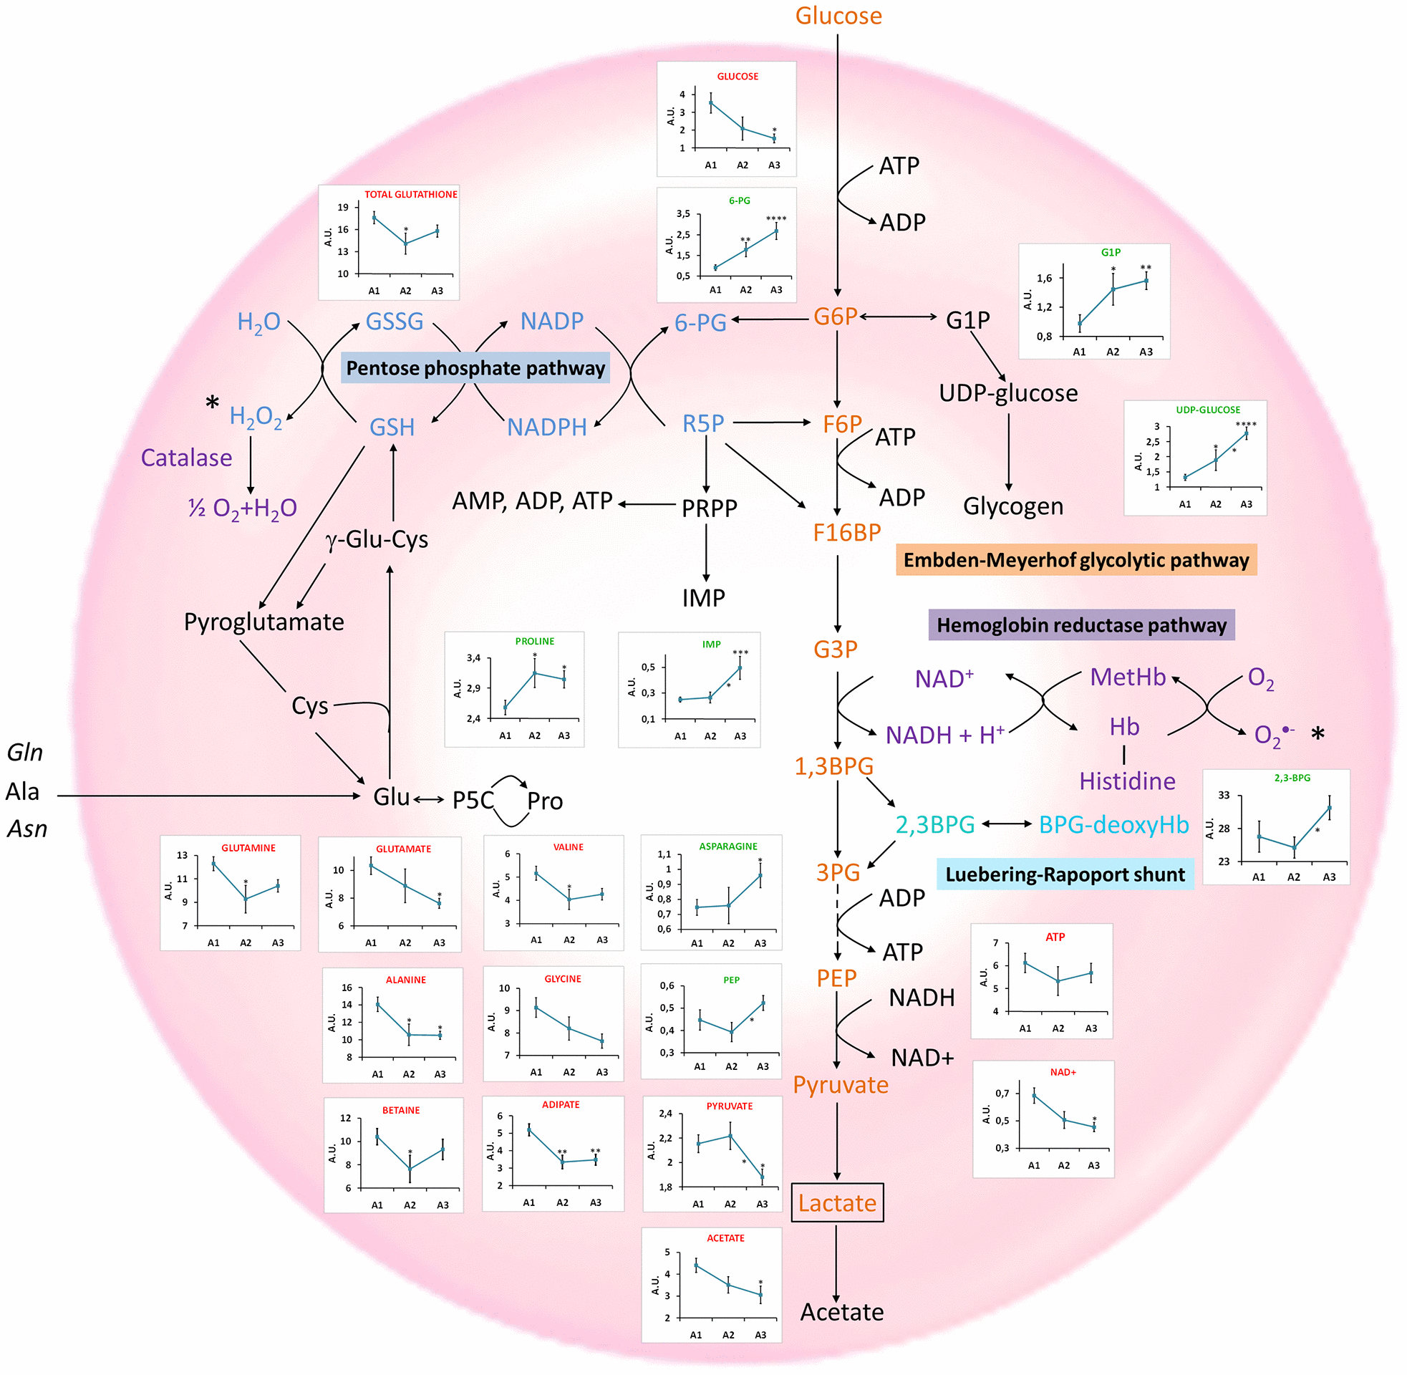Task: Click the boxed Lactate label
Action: pos(837,1202)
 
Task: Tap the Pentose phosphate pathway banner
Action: pos(475,368)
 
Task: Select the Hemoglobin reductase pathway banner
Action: pos(1080,624)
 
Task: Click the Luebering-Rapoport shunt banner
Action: pos(1065,874)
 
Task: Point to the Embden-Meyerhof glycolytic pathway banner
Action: pos(1075,561)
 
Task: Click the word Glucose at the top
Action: pos(838,16)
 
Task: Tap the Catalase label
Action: pos(186,458)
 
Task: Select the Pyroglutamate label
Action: pos(263,622)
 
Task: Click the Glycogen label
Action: pos(1013,506)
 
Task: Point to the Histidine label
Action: pos(1127,781)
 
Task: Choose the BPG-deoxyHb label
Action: pos(1113,824)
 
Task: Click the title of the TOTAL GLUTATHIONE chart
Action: pos(411,194)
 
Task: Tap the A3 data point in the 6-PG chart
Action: pos(776,231)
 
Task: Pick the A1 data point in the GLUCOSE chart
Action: pos(711,102)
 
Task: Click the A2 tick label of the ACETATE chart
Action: pos(728,1336)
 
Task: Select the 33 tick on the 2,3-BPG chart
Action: pos(1224,795)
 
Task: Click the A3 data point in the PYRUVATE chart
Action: pos(763,1177)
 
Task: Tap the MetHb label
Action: pos(1128,677)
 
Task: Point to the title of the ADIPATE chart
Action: pos(561,1105)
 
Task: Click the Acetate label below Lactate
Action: pos(842,1312)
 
